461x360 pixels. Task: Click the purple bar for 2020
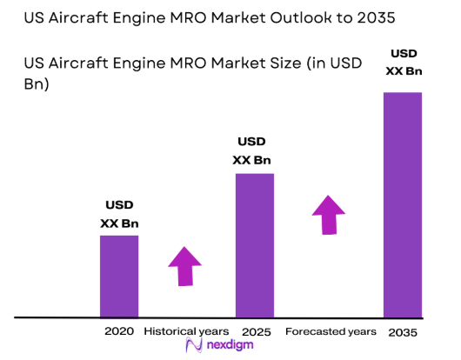pos(119,276)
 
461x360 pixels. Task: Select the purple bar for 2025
pos(254,245)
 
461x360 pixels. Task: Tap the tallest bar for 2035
pos(403,204)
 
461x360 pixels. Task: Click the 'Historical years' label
pos(186,331)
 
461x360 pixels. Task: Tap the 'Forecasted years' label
pos(331,331)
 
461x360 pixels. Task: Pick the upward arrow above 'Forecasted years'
pos(328,214)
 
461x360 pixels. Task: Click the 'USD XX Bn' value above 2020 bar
pos(119,215)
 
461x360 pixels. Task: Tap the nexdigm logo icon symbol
pos(194,346)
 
